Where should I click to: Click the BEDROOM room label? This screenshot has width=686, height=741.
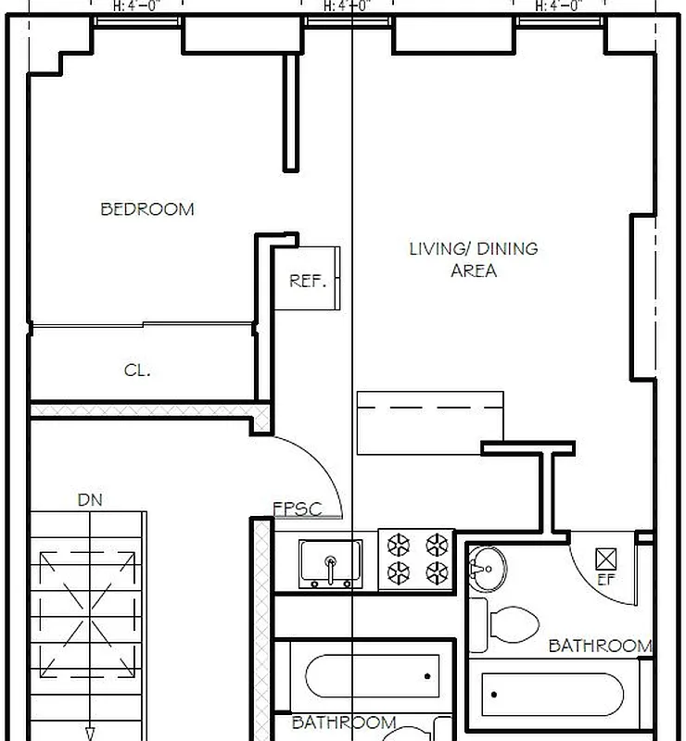click(147, 209)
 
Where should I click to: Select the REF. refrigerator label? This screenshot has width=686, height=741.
click(308, 281)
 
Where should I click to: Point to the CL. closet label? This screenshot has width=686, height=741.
click(137, 370)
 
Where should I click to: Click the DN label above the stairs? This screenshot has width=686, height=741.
click(90, 500)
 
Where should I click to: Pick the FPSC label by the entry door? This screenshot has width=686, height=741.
click(297, 509)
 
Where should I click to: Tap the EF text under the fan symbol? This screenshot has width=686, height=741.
click(605, 581)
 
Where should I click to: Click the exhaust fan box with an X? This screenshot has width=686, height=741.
click(606, 558)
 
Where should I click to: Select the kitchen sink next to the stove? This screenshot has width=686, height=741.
click(330, 562)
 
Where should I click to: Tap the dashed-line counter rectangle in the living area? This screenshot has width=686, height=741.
click(430, 422)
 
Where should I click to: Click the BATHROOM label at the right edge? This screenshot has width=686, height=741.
click(600, 646)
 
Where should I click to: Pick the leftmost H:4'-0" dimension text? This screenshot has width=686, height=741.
click(137, 6)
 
